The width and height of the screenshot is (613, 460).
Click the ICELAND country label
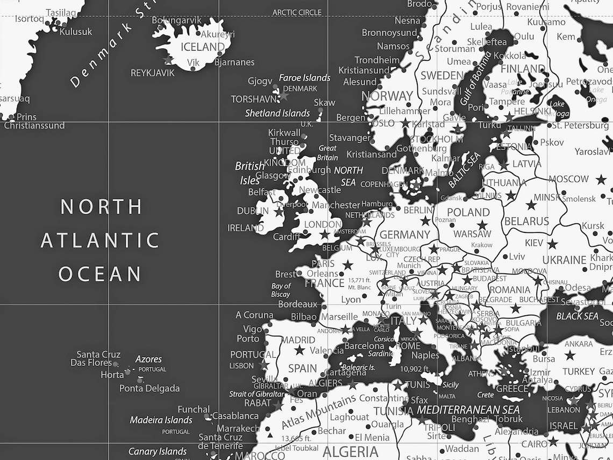click(202, 47)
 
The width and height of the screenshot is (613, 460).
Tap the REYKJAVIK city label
click(153, 73)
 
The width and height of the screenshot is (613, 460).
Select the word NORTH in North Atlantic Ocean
click(101, 207)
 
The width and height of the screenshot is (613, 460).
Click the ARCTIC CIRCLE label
click(297, 12)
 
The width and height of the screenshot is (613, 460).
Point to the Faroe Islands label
click(304, 78)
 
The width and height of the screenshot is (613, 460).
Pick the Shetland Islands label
click(277, 113)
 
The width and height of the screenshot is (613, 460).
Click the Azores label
click(148, 359)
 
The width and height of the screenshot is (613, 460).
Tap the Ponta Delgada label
click(149, 388)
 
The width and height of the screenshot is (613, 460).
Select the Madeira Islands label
click(161, 420)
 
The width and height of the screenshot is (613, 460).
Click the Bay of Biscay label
click(281, 290)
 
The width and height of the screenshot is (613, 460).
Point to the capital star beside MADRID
click(300, 350)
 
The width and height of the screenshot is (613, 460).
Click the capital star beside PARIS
click(348, 265)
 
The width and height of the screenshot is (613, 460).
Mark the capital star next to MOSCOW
click(601, 179)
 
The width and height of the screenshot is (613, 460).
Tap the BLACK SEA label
click(577, 316)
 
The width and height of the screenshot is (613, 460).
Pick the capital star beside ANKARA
click(569, 355)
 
